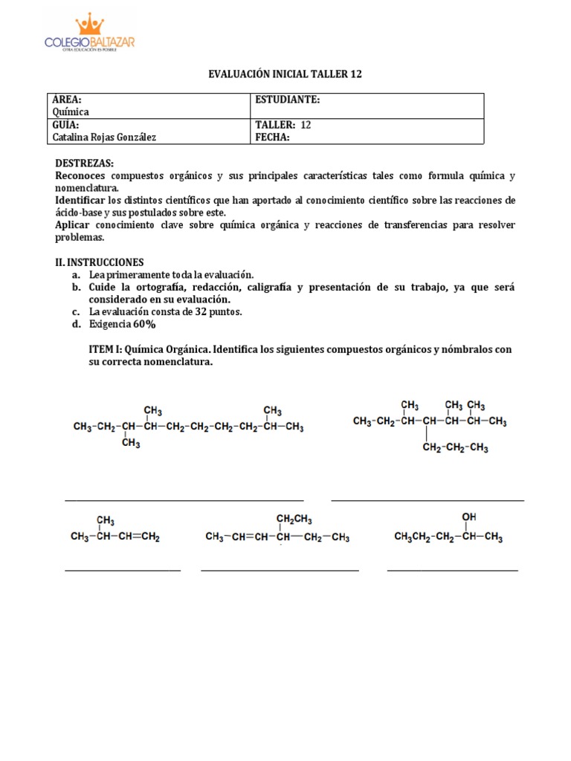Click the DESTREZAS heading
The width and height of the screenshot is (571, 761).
(x=85, y=163)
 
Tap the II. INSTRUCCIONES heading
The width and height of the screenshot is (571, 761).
(x=100, y=262)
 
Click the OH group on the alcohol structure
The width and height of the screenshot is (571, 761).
(x=469, y=516)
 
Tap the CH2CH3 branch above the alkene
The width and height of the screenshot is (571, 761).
(x=294, y=519)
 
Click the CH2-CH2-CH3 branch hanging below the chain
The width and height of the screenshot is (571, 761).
(x=455, y=447)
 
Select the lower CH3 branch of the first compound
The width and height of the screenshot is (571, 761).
(x=131, y=444)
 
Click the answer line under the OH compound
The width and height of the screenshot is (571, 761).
(x=452, y=570)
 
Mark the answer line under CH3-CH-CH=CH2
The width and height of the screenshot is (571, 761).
(x=123, y=571)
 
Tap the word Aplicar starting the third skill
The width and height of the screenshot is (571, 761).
(x=74, y=225)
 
